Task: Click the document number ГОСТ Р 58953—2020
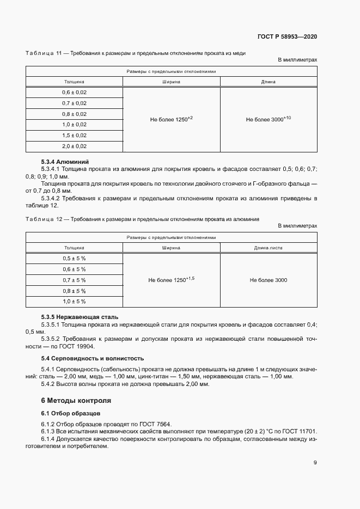point(286,36)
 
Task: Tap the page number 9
point(315,463)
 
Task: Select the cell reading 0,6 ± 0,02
point(74,93)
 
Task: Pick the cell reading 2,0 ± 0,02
point(74,146)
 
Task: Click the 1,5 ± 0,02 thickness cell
point(74,136)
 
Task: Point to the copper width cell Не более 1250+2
point(172,119)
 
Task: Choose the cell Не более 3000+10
point(268,119)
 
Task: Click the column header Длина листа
point(268,248)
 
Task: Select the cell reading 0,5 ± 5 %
point(74,259)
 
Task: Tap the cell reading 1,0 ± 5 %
point(74,301)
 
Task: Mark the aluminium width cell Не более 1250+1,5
point(172,280)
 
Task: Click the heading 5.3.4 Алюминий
point(65,162)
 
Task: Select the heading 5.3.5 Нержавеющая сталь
point(80,317)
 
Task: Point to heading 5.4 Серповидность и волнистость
point(93,358)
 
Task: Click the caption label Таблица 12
point(43,219)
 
